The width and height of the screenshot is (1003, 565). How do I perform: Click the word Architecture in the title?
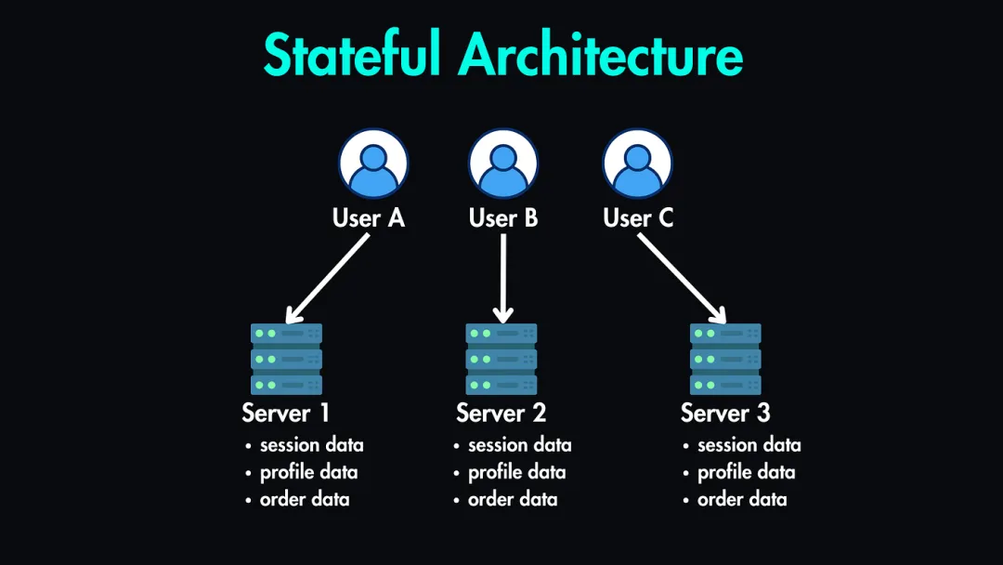[x=601, y=55]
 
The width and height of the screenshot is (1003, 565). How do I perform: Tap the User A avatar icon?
[x=372, y=164]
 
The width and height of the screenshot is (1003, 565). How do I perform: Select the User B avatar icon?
[x=503, y=164]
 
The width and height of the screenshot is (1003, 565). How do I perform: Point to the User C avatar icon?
[x=637, y=164]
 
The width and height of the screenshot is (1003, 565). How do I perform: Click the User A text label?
[x=369, y=218]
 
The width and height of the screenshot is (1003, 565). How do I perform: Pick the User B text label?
[x=503, y=218]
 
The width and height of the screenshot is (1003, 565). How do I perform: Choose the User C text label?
[x=638, y=218]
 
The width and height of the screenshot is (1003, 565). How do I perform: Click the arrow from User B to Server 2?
[x=502, y=277]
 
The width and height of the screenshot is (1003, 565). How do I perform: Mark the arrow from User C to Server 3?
[x=680, y=277]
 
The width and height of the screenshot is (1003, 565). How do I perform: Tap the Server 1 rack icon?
[x=286, y=359]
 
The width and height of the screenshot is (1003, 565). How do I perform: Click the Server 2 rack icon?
[x=501, y=359]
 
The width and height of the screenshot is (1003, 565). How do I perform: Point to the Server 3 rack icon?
[x=725, y=359]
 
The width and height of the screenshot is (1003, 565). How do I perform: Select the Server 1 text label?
[x=286, y=413]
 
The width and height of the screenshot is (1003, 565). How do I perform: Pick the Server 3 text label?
[x=725, y=413]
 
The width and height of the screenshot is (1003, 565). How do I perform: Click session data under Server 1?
[x=311, y=445]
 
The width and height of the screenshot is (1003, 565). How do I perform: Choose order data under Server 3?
[x=742, y=500]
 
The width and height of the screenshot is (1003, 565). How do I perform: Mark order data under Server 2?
[x=513, y=500]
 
